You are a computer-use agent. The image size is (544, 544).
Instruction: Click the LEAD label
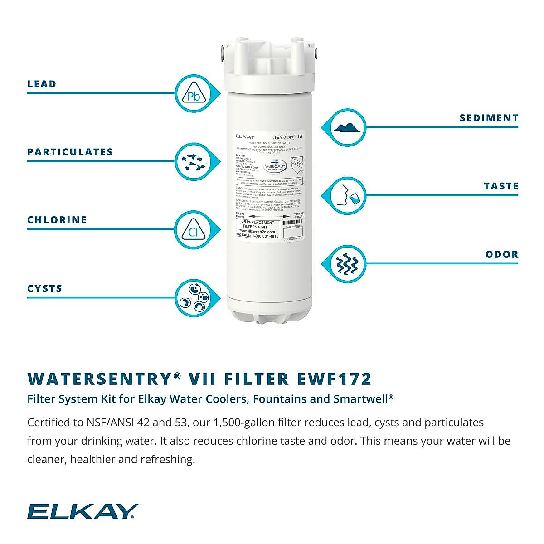click(42, 84)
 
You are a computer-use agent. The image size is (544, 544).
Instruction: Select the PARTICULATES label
click(70, 152)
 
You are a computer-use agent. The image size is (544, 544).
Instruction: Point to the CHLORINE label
click(57, 220)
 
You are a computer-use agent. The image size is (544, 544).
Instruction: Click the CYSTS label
click(45, 289)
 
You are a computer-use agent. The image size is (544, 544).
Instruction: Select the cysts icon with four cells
click(194, 299)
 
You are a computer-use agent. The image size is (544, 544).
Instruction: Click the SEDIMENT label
click(489, 118)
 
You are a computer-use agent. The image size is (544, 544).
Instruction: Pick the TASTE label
click(501, 186)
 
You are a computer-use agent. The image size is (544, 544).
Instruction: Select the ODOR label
click(502, 254)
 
